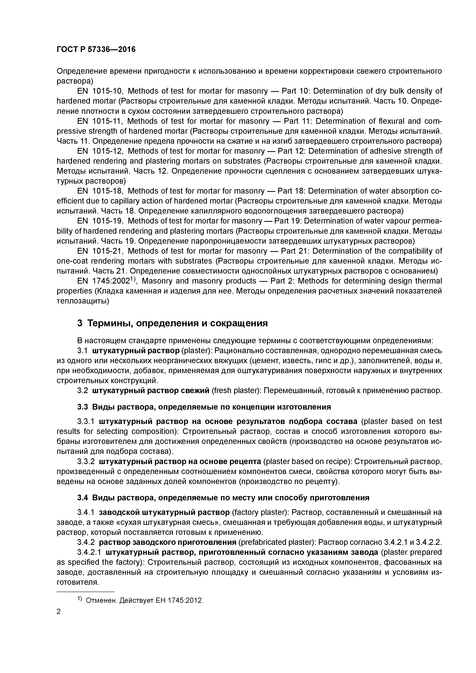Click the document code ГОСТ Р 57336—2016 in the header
tap(96, 49)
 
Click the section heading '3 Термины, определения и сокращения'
tap(172, 323)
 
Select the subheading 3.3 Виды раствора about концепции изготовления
tap(204, 407)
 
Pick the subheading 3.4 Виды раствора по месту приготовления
tap(223, 498)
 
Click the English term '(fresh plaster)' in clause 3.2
tap(236, 391)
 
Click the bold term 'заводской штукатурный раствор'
tap(164, 512)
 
